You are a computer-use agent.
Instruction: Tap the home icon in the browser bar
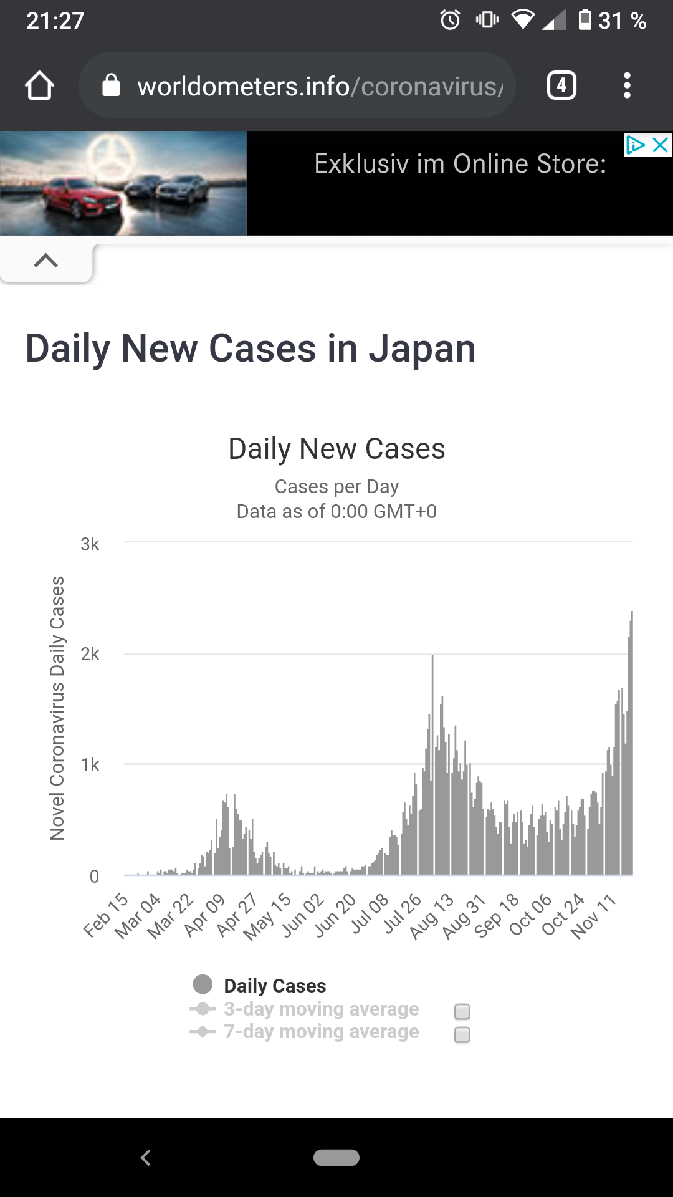(x=39, y=85)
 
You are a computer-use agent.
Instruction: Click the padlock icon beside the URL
(x=111, y=85)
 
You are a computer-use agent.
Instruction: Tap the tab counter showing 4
(x=561, y=85)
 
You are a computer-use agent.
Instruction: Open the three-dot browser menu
(x=627, y=85)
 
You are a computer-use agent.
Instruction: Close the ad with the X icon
(x=660, y=145)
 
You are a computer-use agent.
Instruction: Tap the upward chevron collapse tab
(x=46, y=261)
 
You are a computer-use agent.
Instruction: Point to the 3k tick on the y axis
(x=90, y=544)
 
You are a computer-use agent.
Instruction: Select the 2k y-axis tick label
(x=90, y=654)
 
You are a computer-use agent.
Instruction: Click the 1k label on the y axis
(x=90, y=765)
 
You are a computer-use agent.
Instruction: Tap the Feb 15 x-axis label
(x=106, y=915)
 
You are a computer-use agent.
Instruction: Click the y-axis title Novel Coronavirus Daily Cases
(x=57, y=708)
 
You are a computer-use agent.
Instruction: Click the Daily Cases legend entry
(x=274, y=986)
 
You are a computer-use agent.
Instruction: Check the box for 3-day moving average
(x=462, y=1011)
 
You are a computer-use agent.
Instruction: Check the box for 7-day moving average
(x=462, y=1035)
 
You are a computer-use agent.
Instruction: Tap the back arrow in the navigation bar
(x=146, y=1158)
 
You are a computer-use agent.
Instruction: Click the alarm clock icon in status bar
(x=450, y=21)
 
